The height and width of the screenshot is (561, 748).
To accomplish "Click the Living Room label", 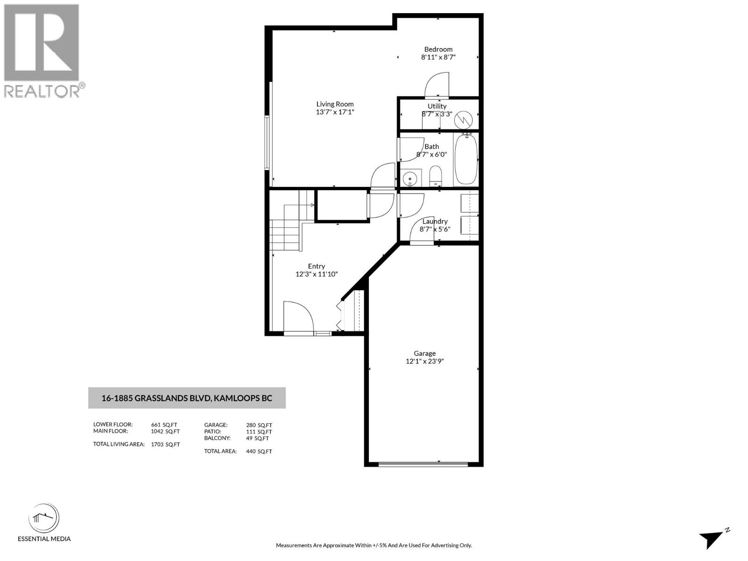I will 335,104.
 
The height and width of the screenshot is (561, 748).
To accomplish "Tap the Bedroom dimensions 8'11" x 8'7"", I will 438,57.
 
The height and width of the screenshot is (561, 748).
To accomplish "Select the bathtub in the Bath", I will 466,159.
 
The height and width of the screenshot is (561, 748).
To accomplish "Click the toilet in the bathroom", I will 435,177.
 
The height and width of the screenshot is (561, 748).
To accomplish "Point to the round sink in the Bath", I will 410,178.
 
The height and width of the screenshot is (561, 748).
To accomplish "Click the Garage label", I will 424,353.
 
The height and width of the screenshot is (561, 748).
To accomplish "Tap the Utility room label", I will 437,106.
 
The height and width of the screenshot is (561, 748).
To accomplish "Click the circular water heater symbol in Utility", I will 464,120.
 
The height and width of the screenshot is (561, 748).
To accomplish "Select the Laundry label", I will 435,221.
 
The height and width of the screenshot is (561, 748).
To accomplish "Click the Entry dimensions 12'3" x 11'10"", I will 316,274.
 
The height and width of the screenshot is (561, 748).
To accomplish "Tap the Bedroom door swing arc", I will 437,85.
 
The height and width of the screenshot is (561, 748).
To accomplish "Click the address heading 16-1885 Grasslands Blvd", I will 187,398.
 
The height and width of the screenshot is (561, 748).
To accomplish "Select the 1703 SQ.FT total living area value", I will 165,445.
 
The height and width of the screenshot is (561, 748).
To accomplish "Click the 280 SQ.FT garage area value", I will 259,425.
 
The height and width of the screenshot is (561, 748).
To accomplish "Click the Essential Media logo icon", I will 44,518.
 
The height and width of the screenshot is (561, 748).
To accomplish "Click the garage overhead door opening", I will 423,464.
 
